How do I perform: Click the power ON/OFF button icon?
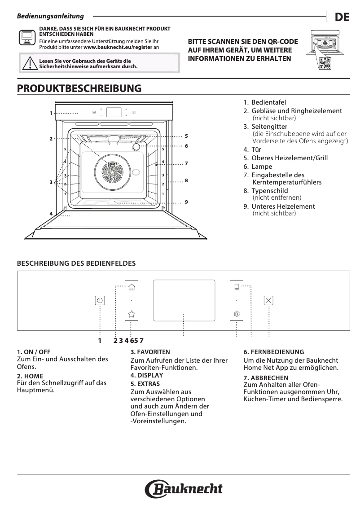pyautogui.click(x=100, y=301)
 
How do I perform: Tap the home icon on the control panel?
pyautogui.click(x=132, y=288)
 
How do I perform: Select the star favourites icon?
pyautogui.click(x=132, y=314)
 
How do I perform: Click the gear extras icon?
pyautogui.click(x=237, y=314)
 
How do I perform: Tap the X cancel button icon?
pyautogui.click(x=268, y=301)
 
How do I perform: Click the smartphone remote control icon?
pyautogui.click(x=237, y=288)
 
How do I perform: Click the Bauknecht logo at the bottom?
pyautogui.click(x=184, y=489)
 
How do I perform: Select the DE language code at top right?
pyautogui.click(x=342, y=18)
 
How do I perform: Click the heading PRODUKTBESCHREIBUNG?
pyautogui.click(x=79, y=88)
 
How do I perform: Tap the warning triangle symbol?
pyautogui.click(x=30, y=64)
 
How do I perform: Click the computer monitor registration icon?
pyautogui.click(x=27, y=37)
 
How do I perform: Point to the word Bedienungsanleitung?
pyautogui.click(x=50, y=16)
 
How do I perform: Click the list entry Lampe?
pyautogui.click(x=262, y=167)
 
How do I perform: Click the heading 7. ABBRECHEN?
pyautogui.click(x=266, y=378)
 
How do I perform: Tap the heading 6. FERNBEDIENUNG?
pyautogui.click(x=274, y=352)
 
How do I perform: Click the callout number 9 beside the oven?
pyautogui.click(x=186, y=202)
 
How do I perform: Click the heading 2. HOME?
pyautogui.click(x=30, y=376)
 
